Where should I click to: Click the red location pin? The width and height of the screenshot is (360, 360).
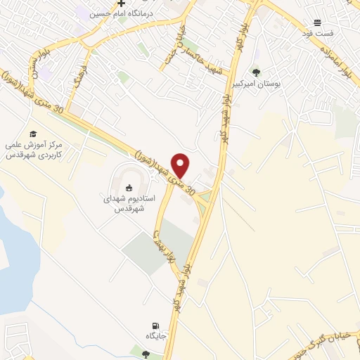tap(181, 165)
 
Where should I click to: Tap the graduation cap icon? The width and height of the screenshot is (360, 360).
tap(33, 134)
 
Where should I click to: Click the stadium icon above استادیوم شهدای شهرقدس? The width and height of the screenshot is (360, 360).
tap(129, 187)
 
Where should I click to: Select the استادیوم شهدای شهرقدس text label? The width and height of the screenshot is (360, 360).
tap(125, 204)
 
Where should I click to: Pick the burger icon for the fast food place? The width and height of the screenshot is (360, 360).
tap(317, 23)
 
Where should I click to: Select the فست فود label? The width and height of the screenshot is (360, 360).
tap(317, 34)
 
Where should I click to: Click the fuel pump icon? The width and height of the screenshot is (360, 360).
tap(154, 326)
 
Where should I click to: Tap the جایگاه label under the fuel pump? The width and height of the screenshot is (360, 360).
tap(154, 337)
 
